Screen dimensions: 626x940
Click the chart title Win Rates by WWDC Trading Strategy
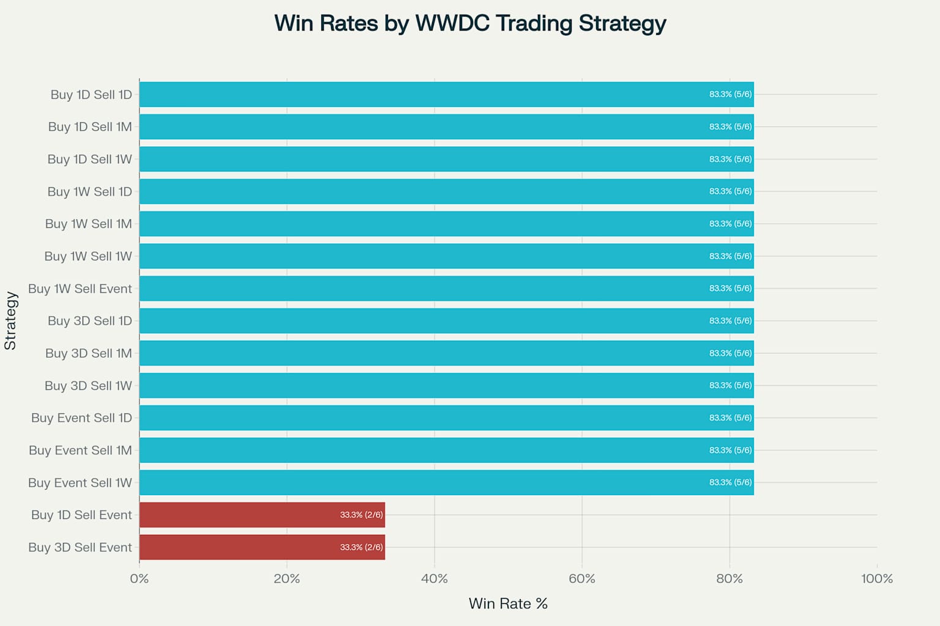pos(470,23)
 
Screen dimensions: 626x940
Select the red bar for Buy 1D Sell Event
pos(262,515)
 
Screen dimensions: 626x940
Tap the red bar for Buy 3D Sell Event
pos(262,547)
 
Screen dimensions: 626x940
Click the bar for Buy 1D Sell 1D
pos(447,94)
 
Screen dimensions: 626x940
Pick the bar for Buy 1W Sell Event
pos(447,289)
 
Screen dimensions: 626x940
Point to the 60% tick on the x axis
pos(582,578)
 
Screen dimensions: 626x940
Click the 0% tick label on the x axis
pos(140,578)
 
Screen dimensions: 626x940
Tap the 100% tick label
pos(877,578)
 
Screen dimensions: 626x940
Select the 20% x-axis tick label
pos(287,578)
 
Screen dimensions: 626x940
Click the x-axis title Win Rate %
pos(508,604)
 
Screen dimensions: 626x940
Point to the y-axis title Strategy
pos(10,320)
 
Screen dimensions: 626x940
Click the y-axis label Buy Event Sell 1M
pos(80,451)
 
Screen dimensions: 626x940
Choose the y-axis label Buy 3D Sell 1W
pos(88,386)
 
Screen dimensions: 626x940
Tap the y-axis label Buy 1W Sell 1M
pos(88,224)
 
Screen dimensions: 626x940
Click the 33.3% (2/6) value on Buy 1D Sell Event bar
pos(361,515)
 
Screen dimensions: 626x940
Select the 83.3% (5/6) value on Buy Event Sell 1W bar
pos(730,482)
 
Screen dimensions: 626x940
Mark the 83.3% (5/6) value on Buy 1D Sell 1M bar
pos(730,127)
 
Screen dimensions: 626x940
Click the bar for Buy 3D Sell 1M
pos(447,353)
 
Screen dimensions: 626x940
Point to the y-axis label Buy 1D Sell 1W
pos(89,159)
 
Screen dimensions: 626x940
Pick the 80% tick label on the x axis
pos(729,578)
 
